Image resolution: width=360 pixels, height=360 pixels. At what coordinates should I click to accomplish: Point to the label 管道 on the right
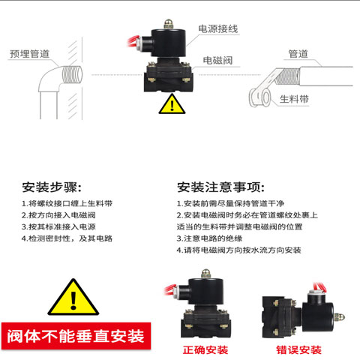pos(298,54)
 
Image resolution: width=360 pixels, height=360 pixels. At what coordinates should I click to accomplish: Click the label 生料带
pos(295,98)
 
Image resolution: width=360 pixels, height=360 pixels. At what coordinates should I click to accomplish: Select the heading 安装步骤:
pos(52,187)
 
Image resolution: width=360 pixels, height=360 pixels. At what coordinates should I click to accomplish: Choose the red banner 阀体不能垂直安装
pos(76,334)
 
